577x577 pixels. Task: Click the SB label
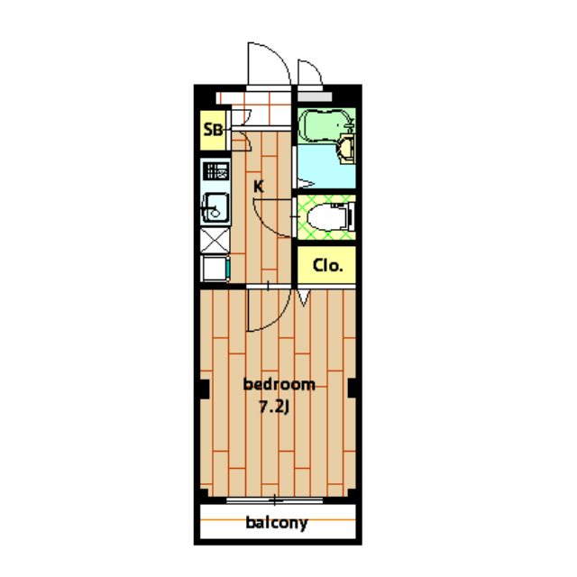tap(213, 130)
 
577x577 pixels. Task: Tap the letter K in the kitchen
tap(259, 187)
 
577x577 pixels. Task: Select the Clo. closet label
tap(327, 265)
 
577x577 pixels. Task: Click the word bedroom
tap(279, 384)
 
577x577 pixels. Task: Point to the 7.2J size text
tap(274, 407)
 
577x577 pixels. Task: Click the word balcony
tap(277, 523)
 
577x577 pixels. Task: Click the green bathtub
tap(325, 125)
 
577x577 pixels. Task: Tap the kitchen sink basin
tap(215, 208)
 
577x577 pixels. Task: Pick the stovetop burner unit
tap(216, 171)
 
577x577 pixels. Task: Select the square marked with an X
tap(215, 241)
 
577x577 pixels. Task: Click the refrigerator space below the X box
tap(215, 269)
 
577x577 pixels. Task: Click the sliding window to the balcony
tap(274, 500)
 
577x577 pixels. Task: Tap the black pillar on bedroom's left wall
tap(205, 389)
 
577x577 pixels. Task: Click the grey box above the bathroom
tap(315, 96)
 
